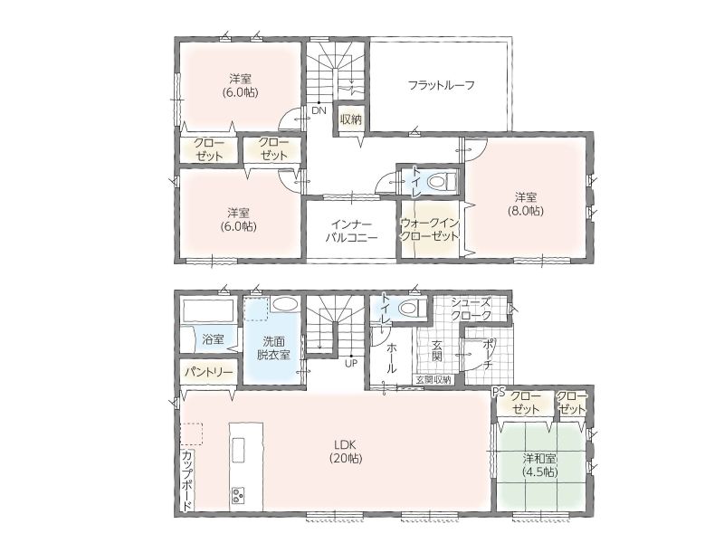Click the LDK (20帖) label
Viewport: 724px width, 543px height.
(346, 452)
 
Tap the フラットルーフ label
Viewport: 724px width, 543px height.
(442, 85)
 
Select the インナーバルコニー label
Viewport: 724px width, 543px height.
(352, 232)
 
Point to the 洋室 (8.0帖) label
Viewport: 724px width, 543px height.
(526, 205)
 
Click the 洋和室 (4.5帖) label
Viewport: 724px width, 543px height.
(539, 465)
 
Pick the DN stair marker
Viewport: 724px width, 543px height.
(319, 110)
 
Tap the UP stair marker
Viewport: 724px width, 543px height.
(351, 364)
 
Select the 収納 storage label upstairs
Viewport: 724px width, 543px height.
(350, 119)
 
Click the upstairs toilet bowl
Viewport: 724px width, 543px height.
(441, 182)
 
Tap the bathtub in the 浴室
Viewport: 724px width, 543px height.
(208, 311)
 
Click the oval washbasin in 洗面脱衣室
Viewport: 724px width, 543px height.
(285, 304)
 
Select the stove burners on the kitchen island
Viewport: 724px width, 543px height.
(239, 495)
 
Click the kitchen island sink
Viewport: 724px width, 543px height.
(239, 450)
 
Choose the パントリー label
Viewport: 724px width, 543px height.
(209, 372)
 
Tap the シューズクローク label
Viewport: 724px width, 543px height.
(471, 309)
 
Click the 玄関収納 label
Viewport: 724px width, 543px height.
(433, 380)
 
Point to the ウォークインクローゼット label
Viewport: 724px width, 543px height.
(429, 230)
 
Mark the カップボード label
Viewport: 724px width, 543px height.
(188, 481)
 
